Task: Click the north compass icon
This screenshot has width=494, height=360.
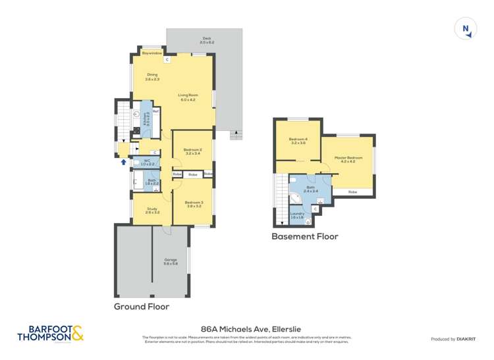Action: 466,29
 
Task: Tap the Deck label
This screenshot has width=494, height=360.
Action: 208,40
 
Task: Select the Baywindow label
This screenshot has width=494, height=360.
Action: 152,53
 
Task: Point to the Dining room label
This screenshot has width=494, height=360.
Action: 152,77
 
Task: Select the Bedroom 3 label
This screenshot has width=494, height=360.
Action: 193,203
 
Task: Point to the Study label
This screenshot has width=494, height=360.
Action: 152,211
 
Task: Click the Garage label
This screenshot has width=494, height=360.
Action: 171,261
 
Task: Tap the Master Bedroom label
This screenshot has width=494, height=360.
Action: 348,159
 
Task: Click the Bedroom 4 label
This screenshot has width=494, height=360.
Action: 298,140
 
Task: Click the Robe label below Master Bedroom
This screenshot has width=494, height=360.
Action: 352,192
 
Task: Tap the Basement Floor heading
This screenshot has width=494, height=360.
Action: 304,236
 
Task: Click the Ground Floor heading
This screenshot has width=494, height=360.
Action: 142,306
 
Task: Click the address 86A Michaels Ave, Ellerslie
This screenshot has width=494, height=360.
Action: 246,326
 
